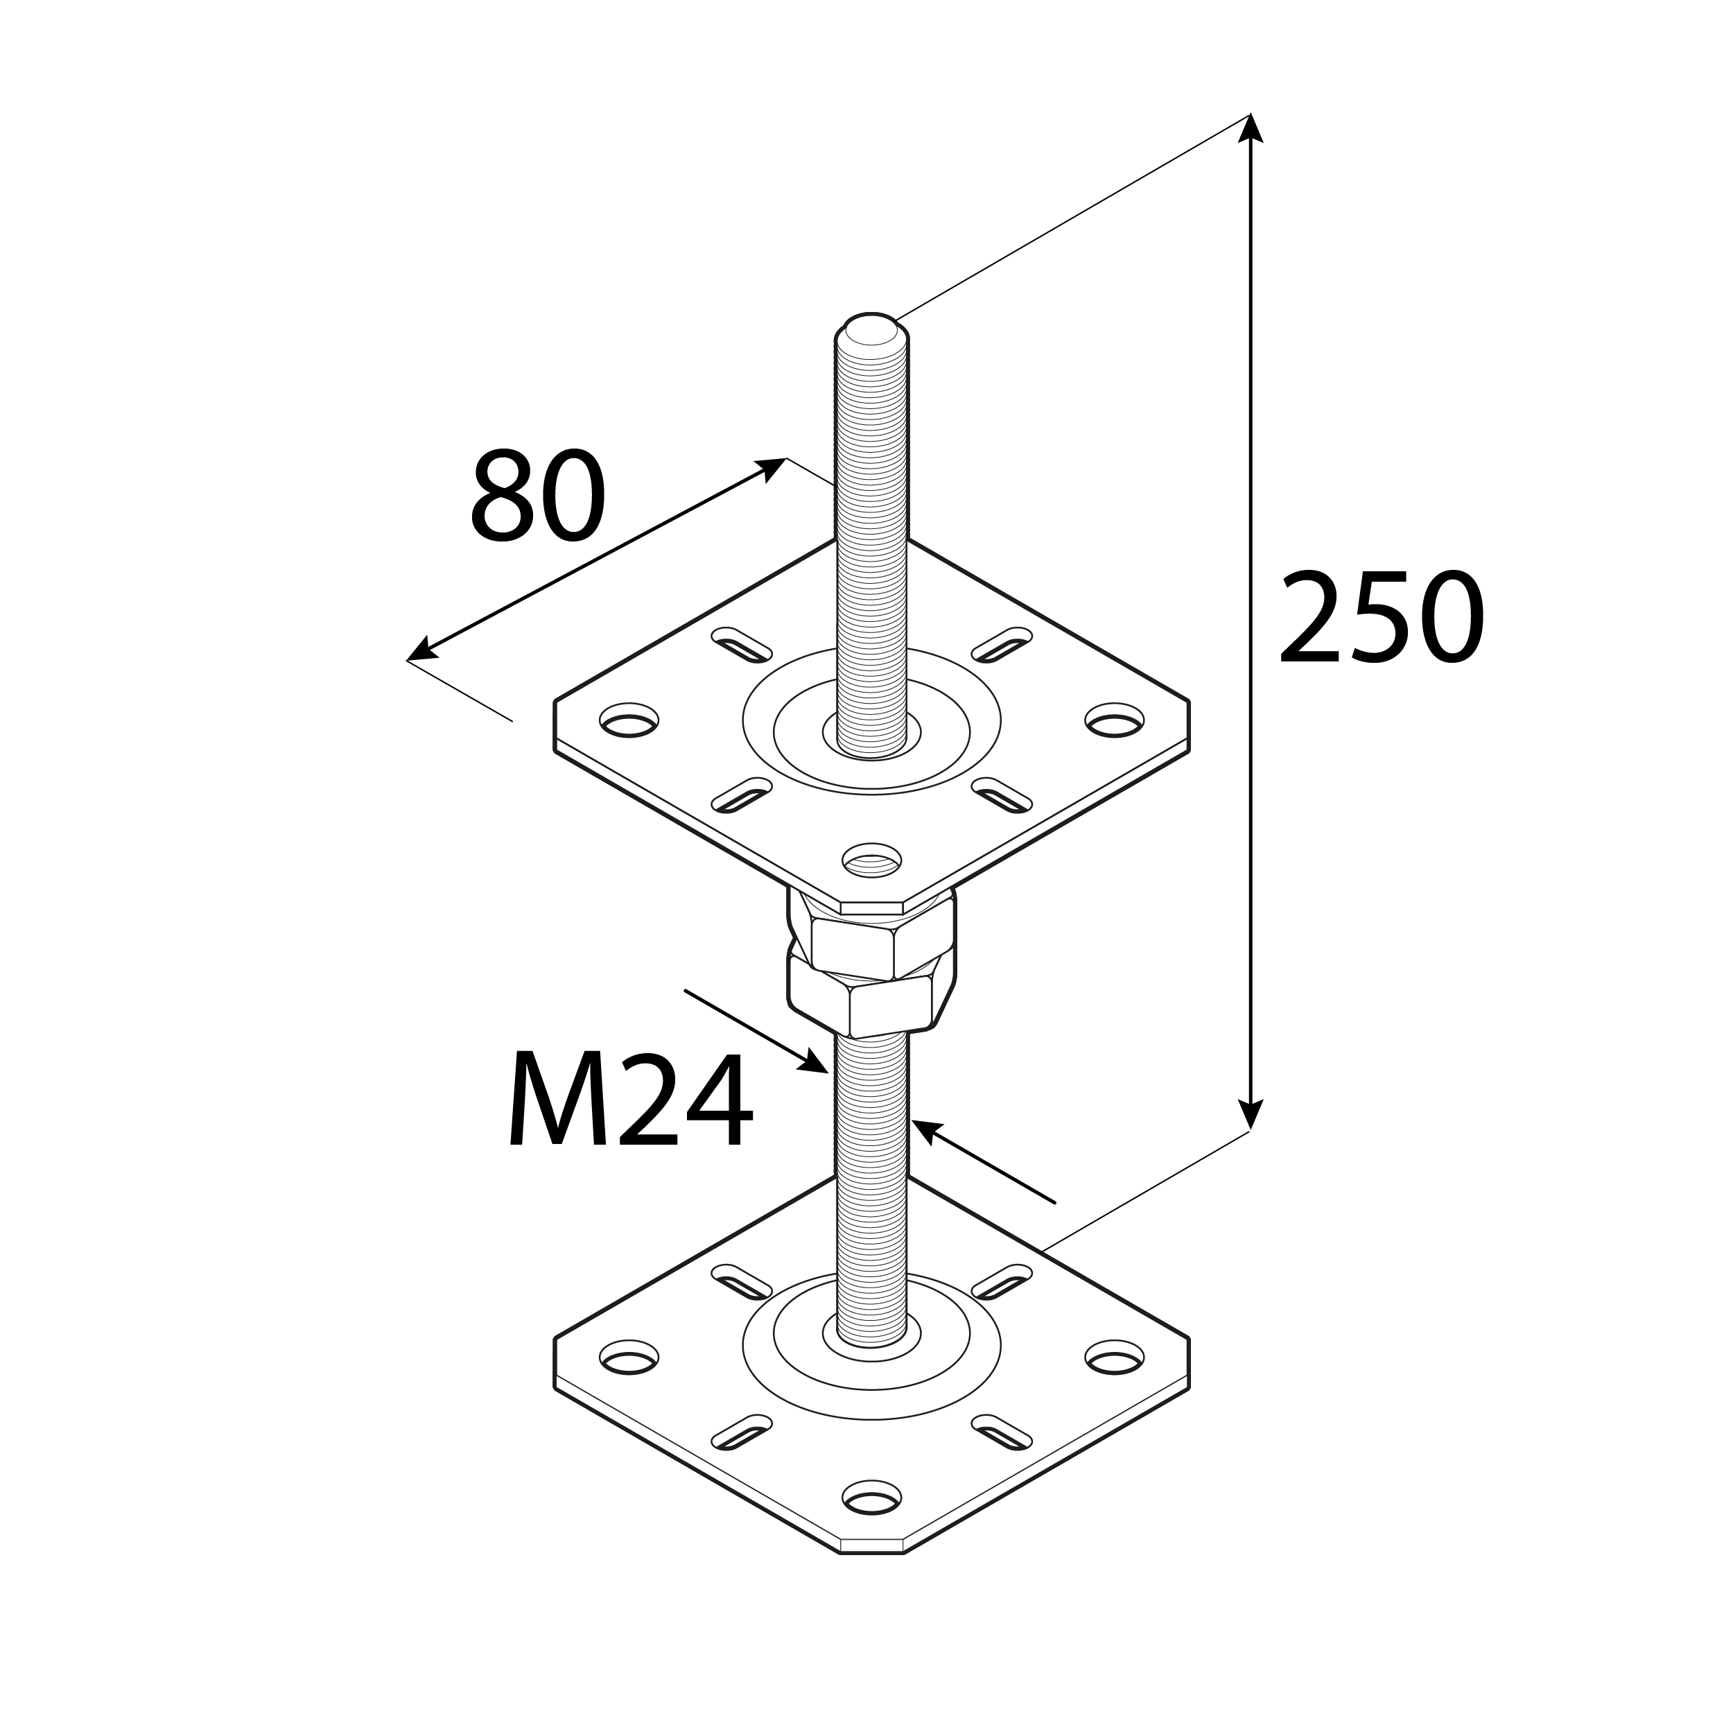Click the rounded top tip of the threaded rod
pos(871,327)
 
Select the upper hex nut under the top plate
pos(871,942)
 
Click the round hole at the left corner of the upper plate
pos(628,720)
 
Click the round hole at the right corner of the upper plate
pos(1115,720)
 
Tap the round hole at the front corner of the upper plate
pos(871,860)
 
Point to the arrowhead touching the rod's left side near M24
pos(817,1064)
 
